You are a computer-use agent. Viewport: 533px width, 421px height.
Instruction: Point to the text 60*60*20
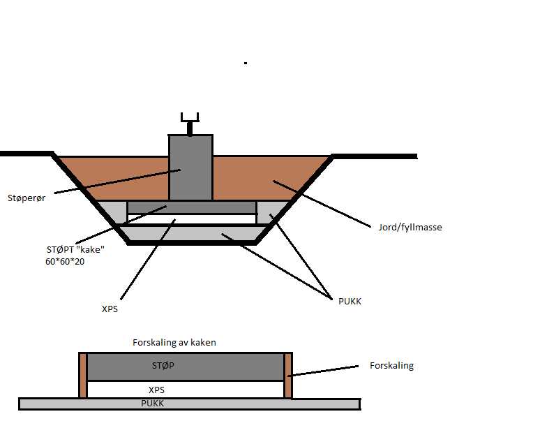(x=66, y=262)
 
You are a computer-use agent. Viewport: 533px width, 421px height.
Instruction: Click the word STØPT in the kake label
(x=59, y=249)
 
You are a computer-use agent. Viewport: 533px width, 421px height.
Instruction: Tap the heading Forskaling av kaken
(x=174, y=343)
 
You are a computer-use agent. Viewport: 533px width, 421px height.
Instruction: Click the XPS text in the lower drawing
(x=157, y=390)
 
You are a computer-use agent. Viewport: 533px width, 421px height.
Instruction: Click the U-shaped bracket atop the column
(x=190, y=117)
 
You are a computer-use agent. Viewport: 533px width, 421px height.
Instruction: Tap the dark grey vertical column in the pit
(x=190, y=168)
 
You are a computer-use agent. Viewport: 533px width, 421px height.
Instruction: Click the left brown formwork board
(x=83, y=375)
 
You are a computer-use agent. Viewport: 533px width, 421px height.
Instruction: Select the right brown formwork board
(x=287, y=375)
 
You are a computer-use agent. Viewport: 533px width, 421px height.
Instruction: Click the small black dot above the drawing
(x=246, y=63)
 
